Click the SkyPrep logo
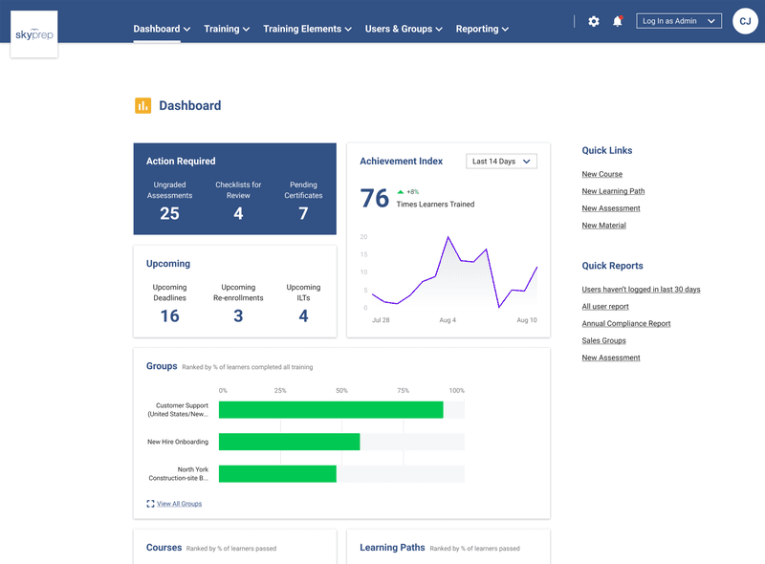(33, 34)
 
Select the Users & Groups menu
(404, 29)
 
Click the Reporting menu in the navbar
(482, 29)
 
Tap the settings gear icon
(594, 21)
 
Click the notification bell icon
(618, 21)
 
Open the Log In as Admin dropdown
(679, 21)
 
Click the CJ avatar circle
(745, 21)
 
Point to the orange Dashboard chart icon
(142, 105)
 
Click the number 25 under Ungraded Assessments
(169, 214)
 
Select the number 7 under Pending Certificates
(303, 214)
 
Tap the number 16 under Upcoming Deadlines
(169, 316)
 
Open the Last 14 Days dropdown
(501, 162)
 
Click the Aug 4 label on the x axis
(448, 320)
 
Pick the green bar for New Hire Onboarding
(289, 442)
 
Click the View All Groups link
(179, 504)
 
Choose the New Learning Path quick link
(613, 191)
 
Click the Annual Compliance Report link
(626, 324)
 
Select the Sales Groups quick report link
(603, 340)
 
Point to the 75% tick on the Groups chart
(403, 391)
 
